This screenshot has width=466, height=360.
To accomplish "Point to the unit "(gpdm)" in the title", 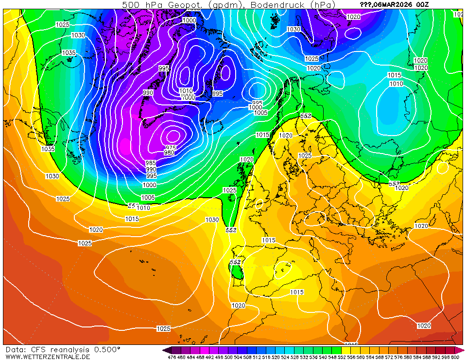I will (224, 4).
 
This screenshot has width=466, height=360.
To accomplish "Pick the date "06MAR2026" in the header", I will (394, 4).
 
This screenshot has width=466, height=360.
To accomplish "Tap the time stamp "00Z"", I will (422, 4).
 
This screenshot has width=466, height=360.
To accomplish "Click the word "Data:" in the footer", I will (17, 349).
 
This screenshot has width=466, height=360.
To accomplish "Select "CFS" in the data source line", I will (40, 349).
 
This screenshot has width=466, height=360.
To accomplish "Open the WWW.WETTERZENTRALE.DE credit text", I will (48, 357).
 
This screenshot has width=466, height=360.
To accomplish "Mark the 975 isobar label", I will (170, 147).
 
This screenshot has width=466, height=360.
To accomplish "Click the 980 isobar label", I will (169, 153).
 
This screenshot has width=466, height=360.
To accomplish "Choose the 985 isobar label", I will (151, 163).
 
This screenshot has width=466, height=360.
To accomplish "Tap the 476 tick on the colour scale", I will (172, 357).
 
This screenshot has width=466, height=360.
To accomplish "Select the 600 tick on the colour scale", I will (455, 357).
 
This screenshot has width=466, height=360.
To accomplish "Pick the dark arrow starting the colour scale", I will (166, 350).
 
